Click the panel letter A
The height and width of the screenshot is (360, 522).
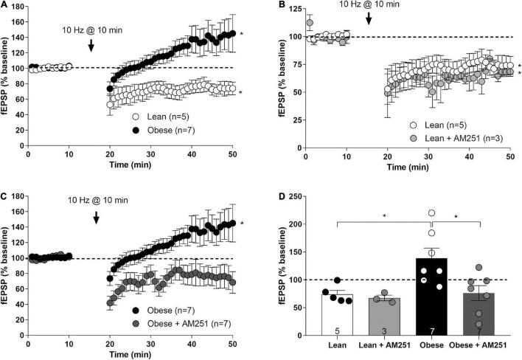click(x=4, y=6)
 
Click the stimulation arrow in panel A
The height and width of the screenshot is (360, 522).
click(x=90, y=45)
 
